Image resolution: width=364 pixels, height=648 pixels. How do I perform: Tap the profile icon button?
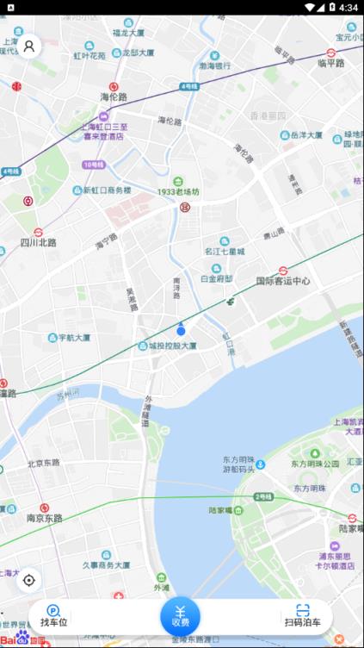coord(29,46)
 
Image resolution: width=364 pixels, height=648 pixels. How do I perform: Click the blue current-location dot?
coord(181,330)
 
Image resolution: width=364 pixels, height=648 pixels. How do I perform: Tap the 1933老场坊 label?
coord(177,191)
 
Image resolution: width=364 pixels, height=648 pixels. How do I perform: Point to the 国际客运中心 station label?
coord(282,281)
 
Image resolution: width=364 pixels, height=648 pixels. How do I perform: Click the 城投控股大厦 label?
coord(171,346)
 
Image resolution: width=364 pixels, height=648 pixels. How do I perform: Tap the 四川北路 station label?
coord(38,243)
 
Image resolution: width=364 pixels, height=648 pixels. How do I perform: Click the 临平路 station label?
coord(330,62)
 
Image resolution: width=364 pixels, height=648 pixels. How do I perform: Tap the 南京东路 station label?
coord(44,518)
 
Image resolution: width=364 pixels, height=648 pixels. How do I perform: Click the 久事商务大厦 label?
coord(106,564)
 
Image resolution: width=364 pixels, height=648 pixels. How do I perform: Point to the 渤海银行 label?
coord(215,65)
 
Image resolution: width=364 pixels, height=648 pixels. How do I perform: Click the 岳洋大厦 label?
coord(305,135)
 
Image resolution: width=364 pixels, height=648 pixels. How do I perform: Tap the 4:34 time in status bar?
coord(348,7)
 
